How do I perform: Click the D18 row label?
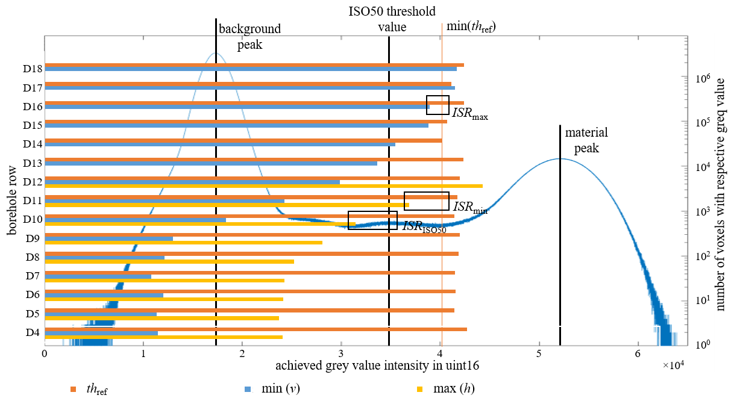[33, 69]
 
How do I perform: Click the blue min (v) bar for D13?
[211, 163]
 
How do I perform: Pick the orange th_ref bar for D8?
[251, 253]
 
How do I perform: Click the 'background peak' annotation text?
[249, 36]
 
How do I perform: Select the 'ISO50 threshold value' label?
[392, 19]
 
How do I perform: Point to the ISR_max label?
[470, 113]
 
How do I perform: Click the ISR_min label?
[470, 207]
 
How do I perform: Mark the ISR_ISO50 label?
[424, 227]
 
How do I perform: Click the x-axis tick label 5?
[539, 355]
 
